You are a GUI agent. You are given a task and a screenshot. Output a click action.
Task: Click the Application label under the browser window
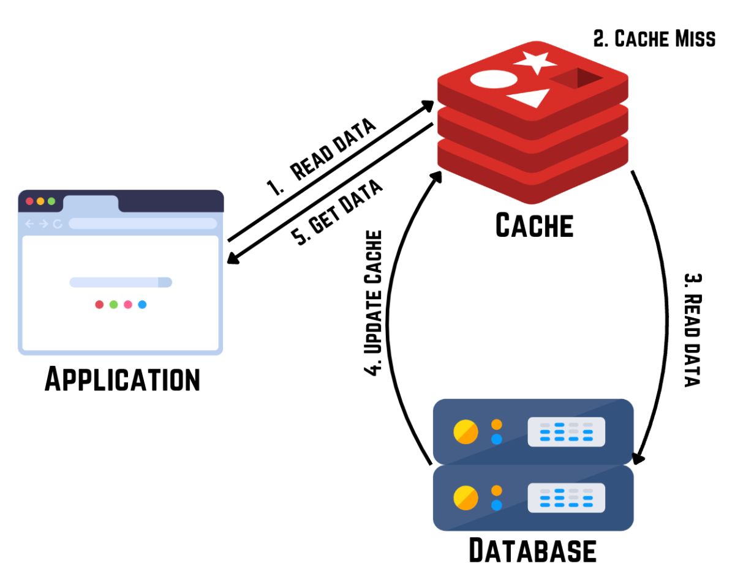tap(123, 379)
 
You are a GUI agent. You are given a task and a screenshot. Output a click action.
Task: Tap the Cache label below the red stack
tap(535, 225)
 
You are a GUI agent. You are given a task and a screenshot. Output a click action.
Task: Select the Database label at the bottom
tap(533, 550)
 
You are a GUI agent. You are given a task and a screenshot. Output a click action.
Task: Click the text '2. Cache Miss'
tap(654, 39)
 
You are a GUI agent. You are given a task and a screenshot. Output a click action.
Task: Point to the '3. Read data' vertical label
tap(693, 330)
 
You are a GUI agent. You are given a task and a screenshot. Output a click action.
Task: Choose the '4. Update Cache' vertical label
tap(373, 303)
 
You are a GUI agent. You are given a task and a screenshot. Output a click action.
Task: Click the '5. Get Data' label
tap(337, 212)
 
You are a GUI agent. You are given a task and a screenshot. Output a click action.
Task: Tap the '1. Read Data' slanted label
tap(321, 157)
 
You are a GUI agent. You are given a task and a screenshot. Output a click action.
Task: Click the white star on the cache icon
tap(535, 62)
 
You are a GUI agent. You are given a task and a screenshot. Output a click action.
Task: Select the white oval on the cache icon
tap(494, 79)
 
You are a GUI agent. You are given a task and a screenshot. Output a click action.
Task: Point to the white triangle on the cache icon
tap(530, 97)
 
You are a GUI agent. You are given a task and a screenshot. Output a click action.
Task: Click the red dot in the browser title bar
tap(30, 201)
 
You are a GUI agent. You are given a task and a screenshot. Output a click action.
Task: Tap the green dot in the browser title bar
tap(51, 201)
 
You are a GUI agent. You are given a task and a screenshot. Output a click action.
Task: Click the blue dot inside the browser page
tap(142, 305)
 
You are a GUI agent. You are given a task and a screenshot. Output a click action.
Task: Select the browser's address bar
tap(143, 223)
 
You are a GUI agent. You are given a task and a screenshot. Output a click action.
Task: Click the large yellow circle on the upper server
tap(466, 432)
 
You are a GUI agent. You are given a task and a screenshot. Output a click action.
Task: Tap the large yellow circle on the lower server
tap(466, 497)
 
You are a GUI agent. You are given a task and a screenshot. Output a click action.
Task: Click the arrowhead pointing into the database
tap(638, 458)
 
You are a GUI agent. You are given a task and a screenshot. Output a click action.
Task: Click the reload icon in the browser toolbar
tap(58, 224)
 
